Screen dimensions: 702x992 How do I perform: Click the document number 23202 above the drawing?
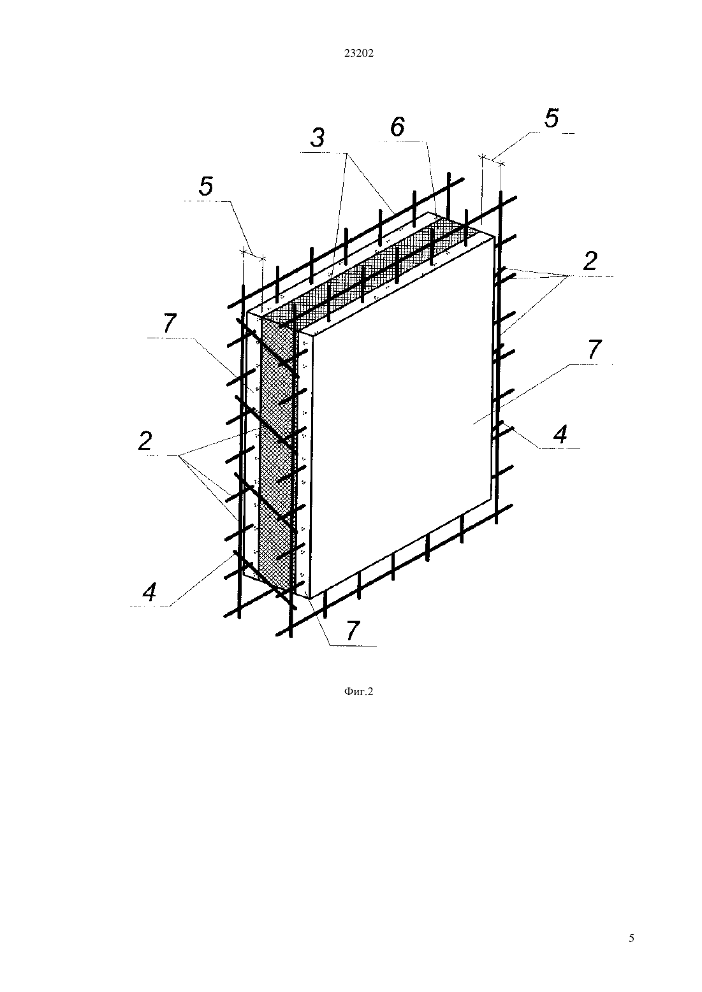pyautogui.click(x=359, y=54)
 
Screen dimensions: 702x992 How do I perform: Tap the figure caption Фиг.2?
pyautogui.click(x=358, y=692)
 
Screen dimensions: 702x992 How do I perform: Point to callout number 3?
pyautogui.click(x=318, y=138)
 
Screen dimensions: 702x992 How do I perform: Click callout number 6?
pyautogui.click(x=397, y=127)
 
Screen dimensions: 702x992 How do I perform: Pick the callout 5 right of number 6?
pyautogui.click(x=552, y=119)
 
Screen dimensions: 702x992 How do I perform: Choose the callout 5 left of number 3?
pyautogui.click(x=206, y=186)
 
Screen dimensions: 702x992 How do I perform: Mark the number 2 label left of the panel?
pyautogui.click(x=145, y=441)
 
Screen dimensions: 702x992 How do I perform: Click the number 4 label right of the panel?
pyautogui.click(x=560, y=435)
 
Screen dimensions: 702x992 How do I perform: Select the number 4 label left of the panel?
pyautogui.click(x=149, y=592)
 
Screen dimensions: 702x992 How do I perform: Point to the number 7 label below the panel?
pyautogui.click(x=352, y=631)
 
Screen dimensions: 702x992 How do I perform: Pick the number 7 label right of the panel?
pyautogui.click(x=594, y=349)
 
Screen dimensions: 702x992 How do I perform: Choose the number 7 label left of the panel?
pyautogui.click(x=170, y=323)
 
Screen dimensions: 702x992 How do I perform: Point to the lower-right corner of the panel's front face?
pyautogui.click(x=492, y=501)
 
